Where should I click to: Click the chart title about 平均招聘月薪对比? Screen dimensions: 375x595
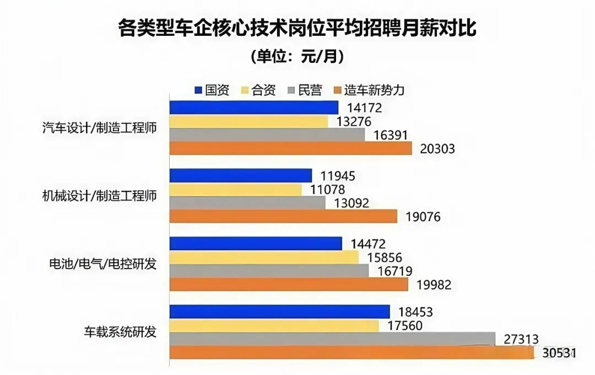pyautogui.click(x=297, y=28)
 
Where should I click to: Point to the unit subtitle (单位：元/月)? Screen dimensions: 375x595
pyautogui.click(x=297, y=56)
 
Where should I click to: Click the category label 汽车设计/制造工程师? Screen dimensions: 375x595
pyautogui.click(x=100, y=128)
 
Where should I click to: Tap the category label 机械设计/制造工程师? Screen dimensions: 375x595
pyautogui.click(x=100, y=196)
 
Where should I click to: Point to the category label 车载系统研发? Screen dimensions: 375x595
pyautogui.click(x=120, y=333)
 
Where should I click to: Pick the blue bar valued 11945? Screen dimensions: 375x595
pyautogui.click(x=241, y=175)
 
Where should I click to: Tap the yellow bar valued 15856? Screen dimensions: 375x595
pyautogui.click(x=264, y=257)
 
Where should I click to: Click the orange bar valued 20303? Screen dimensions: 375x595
pyautogui.click(x=290, y=148)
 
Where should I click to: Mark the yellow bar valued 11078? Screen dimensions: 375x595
pyautogui.click(x=235, y=189)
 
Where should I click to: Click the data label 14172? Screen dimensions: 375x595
pyautogui.click(x=364, y=108)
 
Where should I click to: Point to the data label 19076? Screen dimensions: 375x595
pyautogui.click(x=423, y=217)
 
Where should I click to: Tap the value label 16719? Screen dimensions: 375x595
pyautogui.click(x=394, y=271)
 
